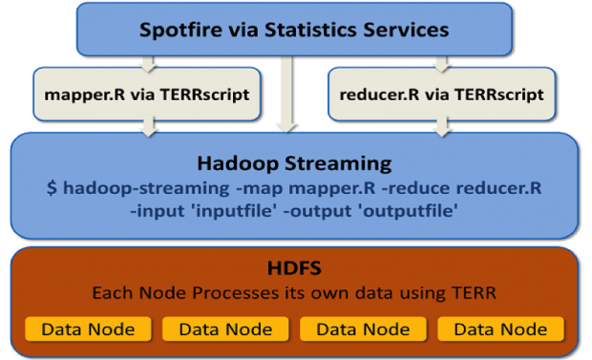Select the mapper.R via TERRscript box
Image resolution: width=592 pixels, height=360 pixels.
147,95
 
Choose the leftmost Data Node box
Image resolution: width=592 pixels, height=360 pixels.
87,329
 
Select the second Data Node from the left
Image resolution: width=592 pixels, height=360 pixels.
224,329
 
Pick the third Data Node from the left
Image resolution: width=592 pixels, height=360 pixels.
362,329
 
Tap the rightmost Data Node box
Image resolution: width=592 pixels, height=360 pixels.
500,329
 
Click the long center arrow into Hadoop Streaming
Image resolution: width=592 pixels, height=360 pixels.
286,95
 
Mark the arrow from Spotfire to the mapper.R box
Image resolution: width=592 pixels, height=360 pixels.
147,62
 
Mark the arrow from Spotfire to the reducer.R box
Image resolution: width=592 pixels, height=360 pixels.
441,62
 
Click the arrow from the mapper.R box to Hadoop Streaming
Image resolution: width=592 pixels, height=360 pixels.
147,128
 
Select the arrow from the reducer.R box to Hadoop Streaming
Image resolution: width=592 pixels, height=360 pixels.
441,128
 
